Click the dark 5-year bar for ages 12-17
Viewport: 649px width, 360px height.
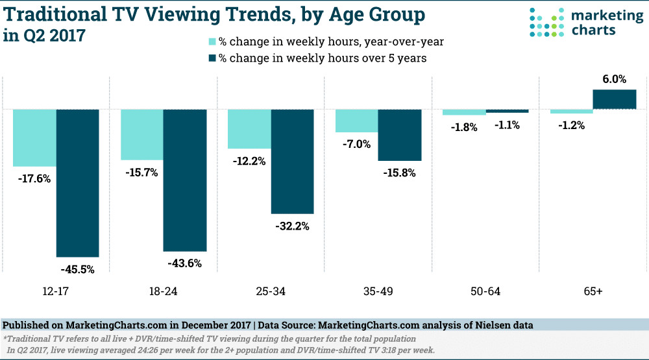click(x=78, y=183)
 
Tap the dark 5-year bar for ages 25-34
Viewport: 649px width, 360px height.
click(x=293, y=162)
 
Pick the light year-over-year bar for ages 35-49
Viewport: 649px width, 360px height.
click(x=356, y=121)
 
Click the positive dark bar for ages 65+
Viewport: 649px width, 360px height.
click(x=614, y=99)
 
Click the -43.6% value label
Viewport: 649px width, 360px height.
click(x=185, y=263)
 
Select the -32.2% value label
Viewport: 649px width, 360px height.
click(x=293, y=226)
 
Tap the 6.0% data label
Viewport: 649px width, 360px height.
click(x=614, y=79)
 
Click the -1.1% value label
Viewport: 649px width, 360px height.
click(x=507, y=125)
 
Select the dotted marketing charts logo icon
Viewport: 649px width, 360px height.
click(x=545, y=23)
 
